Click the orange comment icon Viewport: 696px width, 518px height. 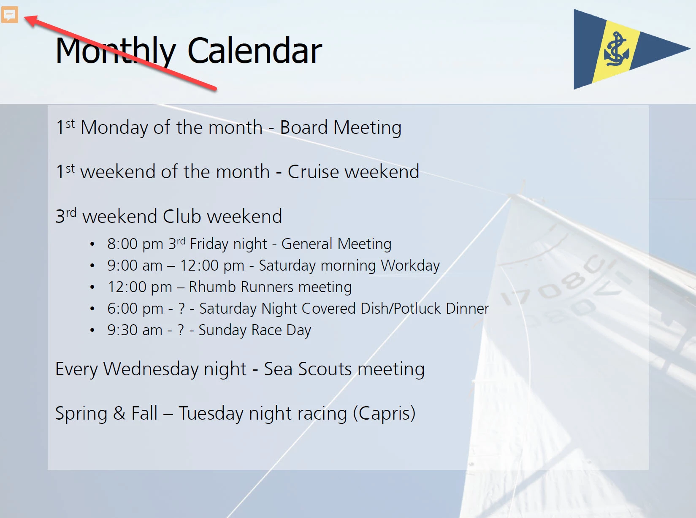pyautogui.click(x=10, y=14)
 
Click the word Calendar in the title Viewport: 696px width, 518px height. pyautogui.click(x=255, y=51)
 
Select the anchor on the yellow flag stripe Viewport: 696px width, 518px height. pyautogui.click(x=616, y=49)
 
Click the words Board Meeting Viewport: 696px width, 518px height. pyautogui.click(x=341, y=128)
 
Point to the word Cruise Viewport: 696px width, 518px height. pyautogui.click(x=313, y=172)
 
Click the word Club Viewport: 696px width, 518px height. pyautogui.click(x=181, y=216)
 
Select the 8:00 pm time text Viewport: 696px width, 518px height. pyautogui.click(x=135, y=244)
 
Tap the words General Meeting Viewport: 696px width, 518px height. pyautogui.click(x=336, y=244)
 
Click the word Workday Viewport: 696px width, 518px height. pyautogui.click(x=410, y=266)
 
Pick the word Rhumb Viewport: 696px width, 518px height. pyautogui.click(x=212, y=287)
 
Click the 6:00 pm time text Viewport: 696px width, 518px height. pyautogui.click(x=135, y=309)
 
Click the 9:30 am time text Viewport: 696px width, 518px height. pyautogui.click(x=135, y=330)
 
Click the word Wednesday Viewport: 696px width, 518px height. pyautogui.click(x=151, y=369)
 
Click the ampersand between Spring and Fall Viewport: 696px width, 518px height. pyautogui.click(x=119, y=413)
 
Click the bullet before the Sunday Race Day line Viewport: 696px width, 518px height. pyautogui.click(x=92, y=330)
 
